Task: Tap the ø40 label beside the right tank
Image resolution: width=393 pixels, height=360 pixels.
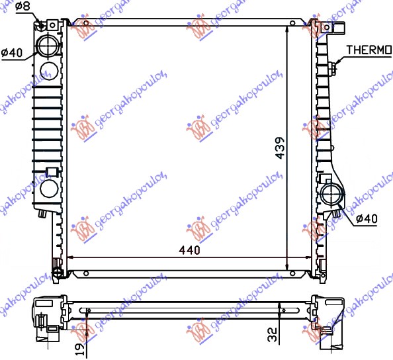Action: click(366, 218)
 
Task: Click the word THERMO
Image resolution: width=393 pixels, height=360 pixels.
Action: click(369, 50)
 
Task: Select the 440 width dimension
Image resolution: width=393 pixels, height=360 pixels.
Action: click(189, 250)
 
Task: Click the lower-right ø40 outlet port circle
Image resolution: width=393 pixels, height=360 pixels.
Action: click(330, 196)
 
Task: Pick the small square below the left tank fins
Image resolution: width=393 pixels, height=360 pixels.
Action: click(50, 173)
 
